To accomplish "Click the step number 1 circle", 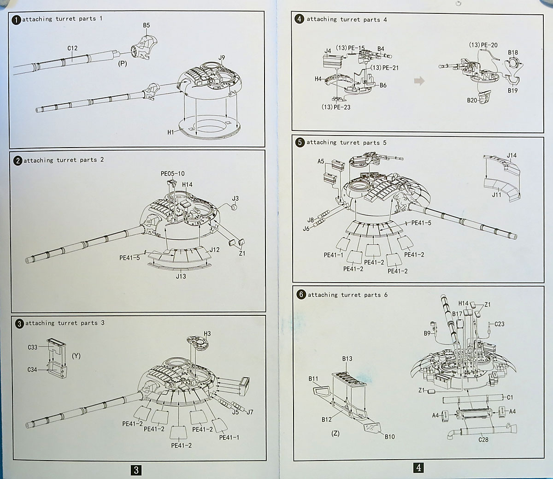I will pos(17,20).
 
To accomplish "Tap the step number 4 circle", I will pos(300,20).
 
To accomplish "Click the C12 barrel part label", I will pos(72,48).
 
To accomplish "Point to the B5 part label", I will pos(147,26).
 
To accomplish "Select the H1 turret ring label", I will pos(171,132).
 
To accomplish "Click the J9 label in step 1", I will pos(222,58).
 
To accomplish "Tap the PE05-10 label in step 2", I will pos(172,174).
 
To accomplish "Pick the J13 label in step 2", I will pos(181,276).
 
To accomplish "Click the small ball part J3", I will pos(234,207).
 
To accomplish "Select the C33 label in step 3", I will pos(32,347).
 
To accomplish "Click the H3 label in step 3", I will pos(207,333).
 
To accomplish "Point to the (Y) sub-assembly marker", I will pos(76,356).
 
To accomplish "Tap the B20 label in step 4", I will pos(471,100).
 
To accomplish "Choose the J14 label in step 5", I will pos(512,155).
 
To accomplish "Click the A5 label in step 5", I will pos(321,162).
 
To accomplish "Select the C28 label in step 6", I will pos(483,439).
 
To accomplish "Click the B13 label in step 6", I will pos(347,359).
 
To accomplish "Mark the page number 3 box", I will pos(136,470).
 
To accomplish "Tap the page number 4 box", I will pos(418,467).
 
